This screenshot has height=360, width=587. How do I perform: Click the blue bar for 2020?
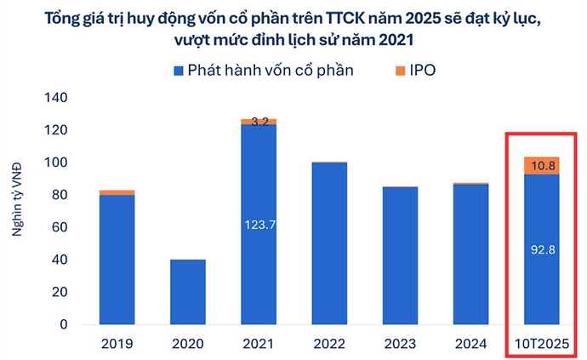[187, 292]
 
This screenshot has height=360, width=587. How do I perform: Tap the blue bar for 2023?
[400, 255]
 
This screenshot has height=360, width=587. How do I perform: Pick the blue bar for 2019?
[117, 260]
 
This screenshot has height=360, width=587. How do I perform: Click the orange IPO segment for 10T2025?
[541, 166]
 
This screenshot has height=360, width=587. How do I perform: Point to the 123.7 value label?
[258, 225]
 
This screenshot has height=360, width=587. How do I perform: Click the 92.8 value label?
[541, 250]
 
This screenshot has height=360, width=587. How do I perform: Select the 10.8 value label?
[541, 165]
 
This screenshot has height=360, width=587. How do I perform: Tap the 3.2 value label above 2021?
[259, 122]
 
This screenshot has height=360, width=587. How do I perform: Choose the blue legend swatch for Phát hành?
[178, 70]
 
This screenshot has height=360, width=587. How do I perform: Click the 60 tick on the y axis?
[57, 227]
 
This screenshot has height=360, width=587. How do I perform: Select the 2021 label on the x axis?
[258, 344]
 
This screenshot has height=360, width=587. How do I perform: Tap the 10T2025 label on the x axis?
[541, 344]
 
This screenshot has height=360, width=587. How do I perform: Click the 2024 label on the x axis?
[470, 344]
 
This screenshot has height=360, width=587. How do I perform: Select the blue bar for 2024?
[470, 254]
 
